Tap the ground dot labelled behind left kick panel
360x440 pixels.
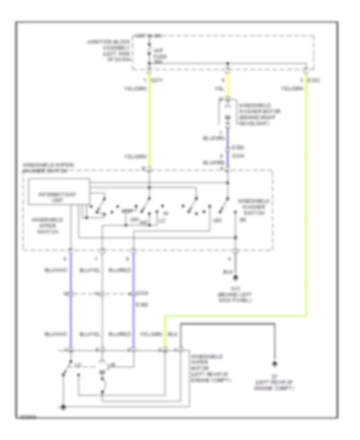tap(236, 277)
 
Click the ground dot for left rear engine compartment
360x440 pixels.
tap(274, 364)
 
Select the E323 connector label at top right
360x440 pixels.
tap(315, 80)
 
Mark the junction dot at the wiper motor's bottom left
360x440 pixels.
tap(63, 408)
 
